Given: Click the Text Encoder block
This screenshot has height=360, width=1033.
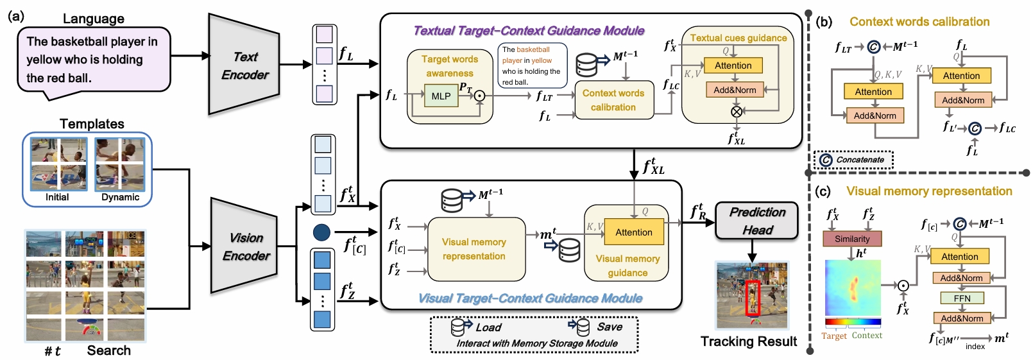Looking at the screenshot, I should click(x=244, y=65).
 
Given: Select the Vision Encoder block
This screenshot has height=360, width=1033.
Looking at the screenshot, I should click(x=246, y=246).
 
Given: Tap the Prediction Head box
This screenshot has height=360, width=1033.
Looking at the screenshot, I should click(x=757, y=221).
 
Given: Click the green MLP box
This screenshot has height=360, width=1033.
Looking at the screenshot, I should click(x=441, y=96).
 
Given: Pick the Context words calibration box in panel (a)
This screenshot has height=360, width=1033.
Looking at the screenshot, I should click(x=613, y=100).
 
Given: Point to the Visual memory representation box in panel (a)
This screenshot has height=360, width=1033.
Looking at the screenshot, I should click(x=474, y=249).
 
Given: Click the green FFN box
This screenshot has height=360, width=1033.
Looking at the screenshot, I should click(x=962, y=298).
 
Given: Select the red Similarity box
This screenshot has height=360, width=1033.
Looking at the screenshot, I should click(x=852, y=239).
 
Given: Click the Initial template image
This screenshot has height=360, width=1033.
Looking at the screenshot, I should click(x=58, y=164).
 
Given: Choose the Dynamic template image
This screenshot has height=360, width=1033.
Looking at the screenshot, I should click(x=120, y=164).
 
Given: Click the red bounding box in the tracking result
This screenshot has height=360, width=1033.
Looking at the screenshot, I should click(x=752, y=298).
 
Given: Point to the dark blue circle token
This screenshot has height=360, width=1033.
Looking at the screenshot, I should click(x=321, y=232).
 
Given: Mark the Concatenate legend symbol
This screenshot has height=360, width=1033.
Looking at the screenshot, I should click(x=826, y=160).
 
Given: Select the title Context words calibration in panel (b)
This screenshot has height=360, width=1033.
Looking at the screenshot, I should click(x=919, y=22).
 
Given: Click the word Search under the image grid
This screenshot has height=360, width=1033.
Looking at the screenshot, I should click(x=109, y=350).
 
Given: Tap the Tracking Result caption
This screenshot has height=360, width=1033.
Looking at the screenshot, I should click(x=748, y=341).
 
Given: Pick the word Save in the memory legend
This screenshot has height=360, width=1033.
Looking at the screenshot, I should click(x=610, y=327).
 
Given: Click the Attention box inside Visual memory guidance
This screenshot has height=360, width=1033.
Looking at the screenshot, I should click(x=633, y=232).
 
